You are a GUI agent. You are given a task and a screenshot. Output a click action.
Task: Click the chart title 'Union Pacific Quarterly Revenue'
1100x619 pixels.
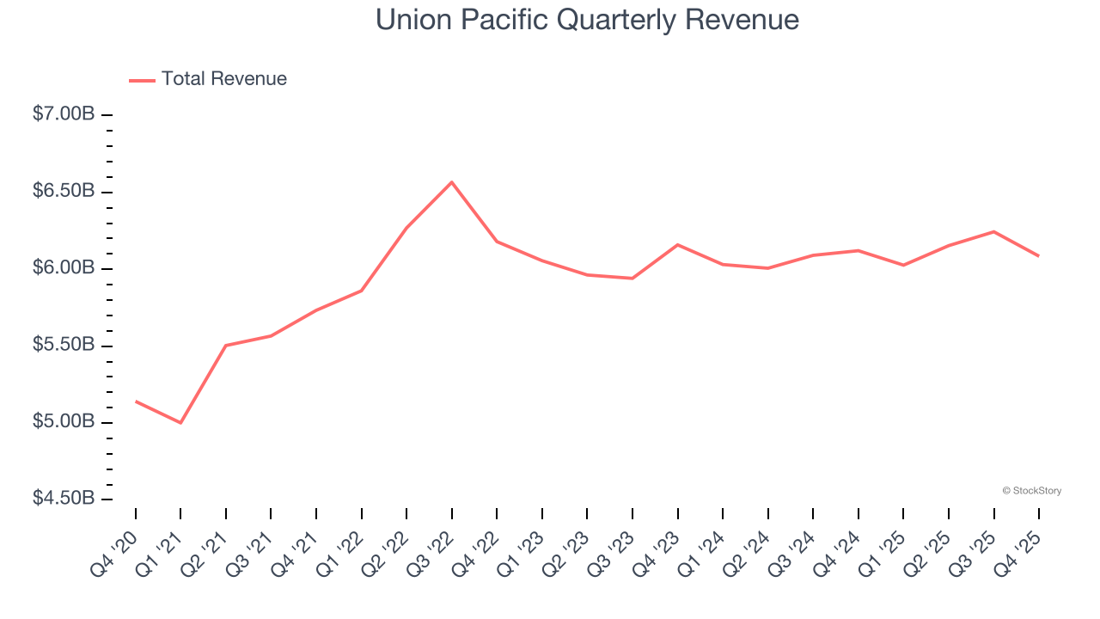[587, 20]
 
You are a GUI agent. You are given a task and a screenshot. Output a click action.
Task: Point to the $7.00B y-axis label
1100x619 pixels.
[64, 114]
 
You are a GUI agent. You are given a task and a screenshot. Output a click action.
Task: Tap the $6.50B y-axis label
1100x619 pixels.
[64, 191]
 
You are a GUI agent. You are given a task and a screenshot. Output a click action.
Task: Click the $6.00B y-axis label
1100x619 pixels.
[64, 268]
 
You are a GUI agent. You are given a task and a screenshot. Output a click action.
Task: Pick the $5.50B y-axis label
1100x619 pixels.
[64, 346]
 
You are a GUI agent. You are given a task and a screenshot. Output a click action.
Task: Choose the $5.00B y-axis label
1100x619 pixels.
[64, 422]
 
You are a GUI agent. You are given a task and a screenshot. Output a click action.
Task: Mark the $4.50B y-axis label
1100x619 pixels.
[64, 499]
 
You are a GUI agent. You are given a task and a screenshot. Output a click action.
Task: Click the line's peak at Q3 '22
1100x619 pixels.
[452, 182]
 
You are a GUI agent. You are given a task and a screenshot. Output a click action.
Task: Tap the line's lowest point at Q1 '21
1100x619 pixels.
[180, 423]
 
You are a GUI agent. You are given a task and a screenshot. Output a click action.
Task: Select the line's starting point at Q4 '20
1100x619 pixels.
[136, 401]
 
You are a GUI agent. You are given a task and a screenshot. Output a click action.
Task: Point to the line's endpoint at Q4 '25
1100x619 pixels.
[1039, 256]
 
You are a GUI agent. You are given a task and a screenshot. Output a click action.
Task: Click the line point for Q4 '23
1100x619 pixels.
[678, 245]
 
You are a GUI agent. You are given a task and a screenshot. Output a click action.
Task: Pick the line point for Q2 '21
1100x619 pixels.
[226, 346]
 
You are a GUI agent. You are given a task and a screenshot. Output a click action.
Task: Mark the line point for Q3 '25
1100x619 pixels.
[994, 231]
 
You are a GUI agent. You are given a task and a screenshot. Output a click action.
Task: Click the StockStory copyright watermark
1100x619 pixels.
[1031, 491]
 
